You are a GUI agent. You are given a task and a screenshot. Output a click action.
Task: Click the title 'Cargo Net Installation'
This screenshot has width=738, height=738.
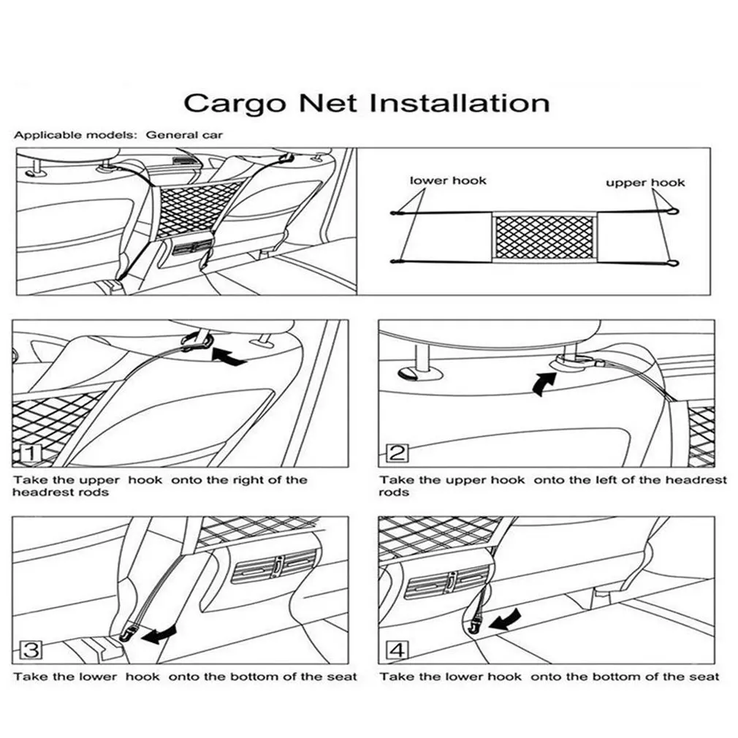pyautogui.click(x=366, y=103)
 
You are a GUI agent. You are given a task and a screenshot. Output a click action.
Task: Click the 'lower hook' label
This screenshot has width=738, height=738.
pyautogui.click(x=447, y=180)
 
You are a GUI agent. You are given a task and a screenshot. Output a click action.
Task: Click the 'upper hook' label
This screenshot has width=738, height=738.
pyautogui.click(x=645, y=182)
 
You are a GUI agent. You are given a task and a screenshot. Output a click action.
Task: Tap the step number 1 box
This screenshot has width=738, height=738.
pyautogui.click(x=31, y=454)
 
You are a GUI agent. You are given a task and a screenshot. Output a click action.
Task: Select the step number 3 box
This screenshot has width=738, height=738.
pyautogui.click(x=31, y=650)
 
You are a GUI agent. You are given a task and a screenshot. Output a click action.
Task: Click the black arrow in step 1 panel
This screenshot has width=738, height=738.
pyautogui.click(x=227, y=357)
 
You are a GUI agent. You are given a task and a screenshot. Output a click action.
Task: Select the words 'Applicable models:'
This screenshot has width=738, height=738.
pyautogui.click(x=75, y=134)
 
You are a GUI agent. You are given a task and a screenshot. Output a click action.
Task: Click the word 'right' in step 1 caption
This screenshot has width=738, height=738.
pyautogui.click(x=248, y=480)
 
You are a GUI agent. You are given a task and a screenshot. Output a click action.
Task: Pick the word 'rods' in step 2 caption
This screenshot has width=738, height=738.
pyautogui.click(x=394, y=492)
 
